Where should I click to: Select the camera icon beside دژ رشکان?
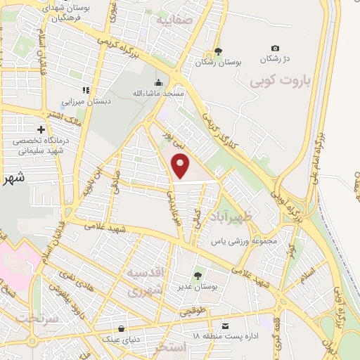[275, 48]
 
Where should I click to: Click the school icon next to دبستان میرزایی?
[86, 90]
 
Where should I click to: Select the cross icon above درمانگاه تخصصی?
[41, 129]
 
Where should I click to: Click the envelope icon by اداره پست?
[225, 326]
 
